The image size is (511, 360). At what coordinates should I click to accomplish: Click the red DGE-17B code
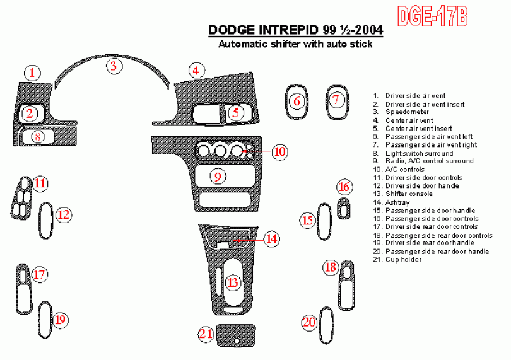433,16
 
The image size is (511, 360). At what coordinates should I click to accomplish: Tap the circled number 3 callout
114,66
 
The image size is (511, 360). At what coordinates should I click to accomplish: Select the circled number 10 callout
280,151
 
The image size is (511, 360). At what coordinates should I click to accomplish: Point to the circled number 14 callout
271,239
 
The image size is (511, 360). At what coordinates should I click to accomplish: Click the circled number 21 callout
206,334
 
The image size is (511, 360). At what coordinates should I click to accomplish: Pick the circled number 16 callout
344,187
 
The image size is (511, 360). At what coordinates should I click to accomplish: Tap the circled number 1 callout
32,73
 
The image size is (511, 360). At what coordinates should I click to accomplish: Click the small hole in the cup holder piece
237,341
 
